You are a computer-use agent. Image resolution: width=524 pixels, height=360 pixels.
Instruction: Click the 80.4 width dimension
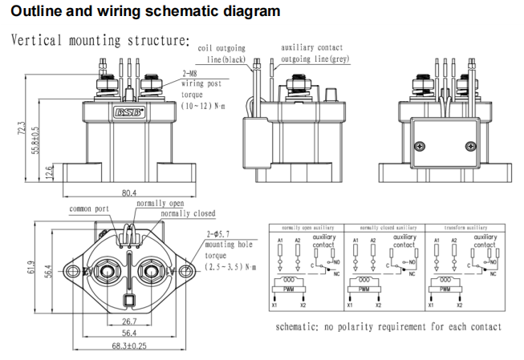point(129,192)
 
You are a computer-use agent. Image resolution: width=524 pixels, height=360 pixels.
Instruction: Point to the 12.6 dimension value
point(48,172)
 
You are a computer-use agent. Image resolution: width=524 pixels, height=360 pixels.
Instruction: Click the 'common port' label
point(91,208)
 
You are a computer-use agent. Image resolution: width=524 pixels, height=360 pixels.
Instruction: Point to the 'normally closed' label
point(188,214)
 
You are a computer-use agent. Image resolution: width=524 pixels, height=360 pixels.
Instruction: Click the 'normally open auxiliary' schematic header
point(304,229)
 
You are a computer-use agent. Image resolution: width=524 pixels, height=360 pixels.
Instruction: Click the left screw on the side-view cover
point(420,146)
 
